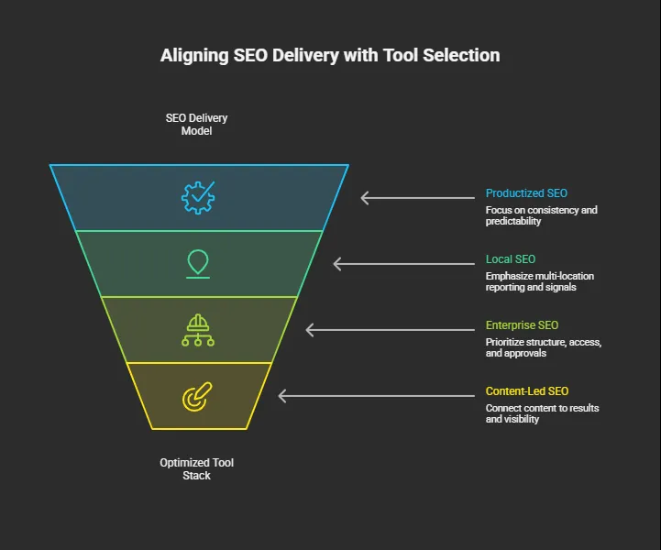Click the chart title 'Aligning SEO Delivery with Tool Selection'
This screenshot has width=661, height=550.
coord(330,55)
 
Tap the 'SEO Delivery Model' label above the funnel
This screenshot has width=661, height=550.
coord(196,125)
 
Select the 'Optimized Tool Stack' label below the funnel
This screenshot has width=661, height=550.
coord(196,469)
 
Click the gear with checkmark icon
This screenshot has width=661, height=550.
coord(198,197)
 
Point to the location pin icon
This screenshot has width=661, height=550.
coord(197,263)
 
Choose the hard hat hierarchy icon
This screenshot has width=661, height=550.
coord(198,330)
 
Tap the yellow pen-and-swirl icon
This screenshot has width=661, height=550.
coord(197,397)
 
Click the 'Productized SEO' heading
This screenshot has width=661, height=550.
coord(526,193)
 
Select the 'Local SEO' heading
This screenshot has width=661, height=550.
coord(511,259)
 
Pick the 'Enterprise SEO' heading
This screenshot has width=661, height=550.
coord(522,325)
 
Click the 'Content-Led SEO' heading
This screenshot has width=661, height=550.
coord(527,391)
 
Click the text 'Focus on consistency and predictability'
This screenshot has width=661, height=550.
coord(541,215)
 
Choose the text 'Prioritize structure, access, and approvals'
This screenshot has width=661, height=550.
coord(543,347)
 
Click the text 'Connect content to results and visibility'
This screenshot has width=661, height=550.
coord(542,413)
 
